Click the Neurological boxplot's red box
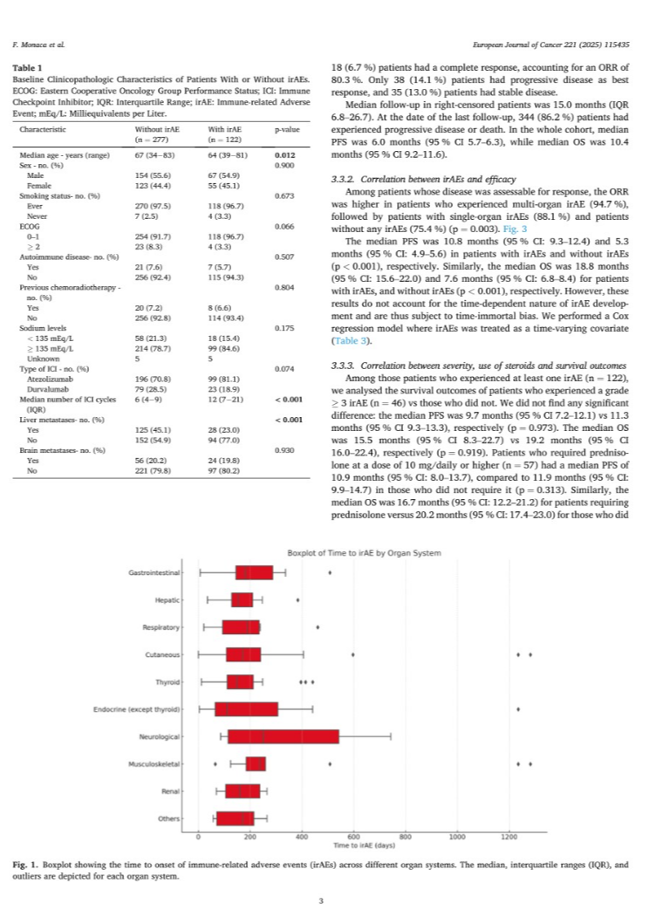[283, 736]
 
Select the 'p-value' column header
[282, 128]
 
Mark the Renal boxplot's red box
[242, 791]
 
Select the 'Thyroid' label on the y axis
[168, 681]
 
